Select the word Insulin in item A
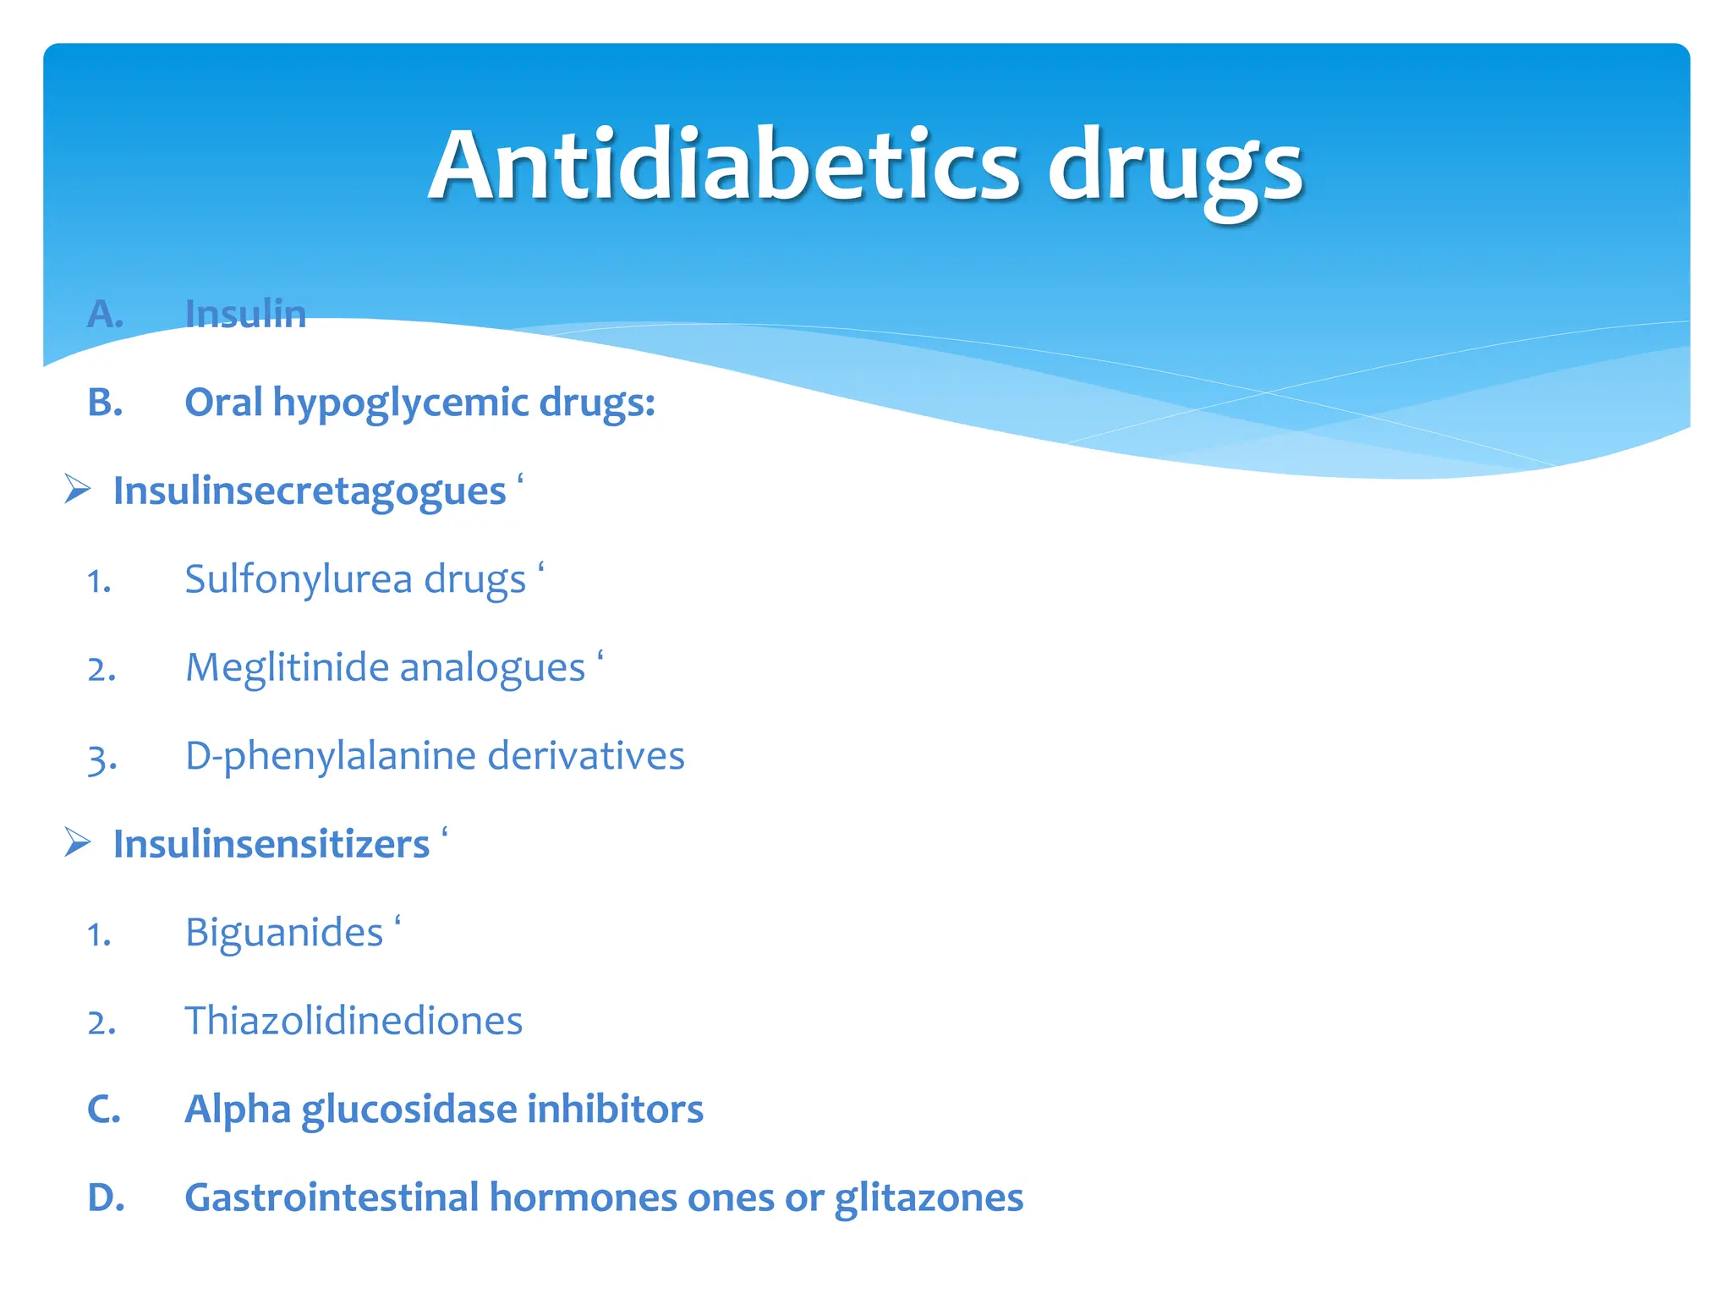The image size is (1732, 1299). (245, 314)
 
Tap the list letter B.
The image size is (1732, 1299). (105, 403)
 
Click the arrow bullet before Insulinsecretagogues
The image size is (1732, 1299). (78, 490)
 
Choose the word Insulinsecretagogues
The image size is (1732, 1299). (310, 491)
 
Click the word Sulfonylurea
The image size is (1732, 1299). (298, 580)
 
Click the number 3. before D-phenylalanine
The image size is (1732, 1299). (101, 759)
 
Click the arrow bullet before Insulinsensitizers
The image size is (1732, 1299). (78, 843)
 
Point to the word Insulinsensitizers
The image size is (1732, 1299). (271, 845)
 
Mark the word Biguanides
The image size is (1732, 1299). (284, 934)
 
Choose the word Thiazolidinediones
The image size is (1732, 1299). (354, 1021)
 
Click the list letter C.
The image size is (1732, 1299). (104, 1110)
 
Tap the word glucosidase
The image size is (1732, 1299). (408, 1110)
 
